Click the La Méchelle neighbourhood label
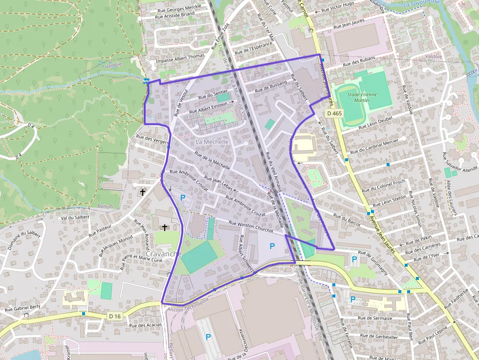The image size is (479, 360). coord(212,142)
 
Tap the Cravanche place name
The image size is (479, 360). coord(164,254)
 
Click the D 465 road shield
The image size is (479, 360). coord(335,113)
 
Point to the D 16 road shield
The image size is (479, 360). coord(115,317)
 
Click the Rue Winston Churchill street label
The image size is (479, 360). coord(251,227)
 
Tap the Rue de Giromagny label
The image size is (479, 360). coord(373,263)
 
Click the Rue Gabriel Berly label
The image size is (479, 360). coord(22,309)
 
